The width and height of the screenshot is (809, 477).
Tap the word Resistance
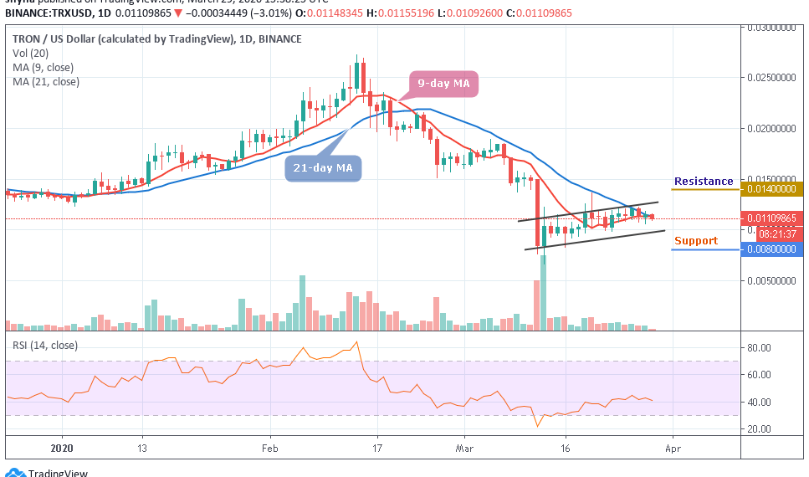click(704, 182)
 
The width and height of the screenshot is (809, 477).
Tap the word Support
click(696, 241)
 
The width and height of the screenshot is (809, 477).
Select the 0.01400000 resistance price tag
click(774, 189)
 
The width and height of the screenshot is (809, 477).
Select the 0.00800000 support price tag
click(774, 249)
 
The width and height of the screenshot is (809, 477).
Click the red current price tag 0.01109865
click(774, 218)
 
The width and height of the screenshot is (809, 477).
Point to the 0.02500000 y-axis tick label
click(774, 78)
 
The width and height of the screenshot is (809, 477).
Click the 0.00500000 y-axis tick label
click(774, 281)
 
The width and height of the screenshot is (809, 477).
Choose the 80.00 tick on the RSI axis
click(760, 347)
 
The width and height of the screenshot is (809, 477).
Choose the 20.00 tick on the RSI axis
click(760, 429)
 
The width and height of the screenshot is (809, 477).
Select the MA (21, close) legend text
click(45, 82)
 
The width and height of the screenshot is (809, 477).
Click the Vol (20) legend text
click(31, 54)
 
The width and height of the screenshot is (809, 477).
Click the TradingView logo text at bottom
click(58, 473)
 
